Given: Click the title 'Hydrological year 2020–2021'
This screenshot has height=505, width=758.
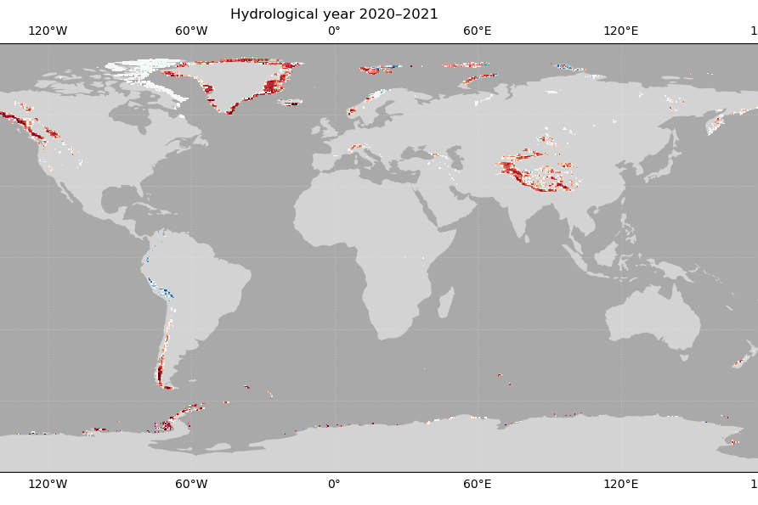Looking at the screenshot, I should (x=334, y=14).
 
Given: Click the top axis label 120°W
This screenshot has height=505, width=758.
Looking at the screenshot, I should (x=48, y=31).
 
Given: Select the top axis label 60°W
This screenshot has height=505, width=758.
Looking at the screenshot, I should (x=191, y=31).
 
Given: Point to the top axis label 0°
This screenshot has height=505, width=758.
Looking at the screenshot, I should (x=334, y=31).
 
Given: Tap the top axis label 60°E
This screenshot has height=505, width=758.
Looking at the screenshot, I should (x=478, y=31).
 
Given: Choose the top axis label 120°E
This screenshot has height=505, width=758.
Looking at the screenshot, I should (x=620, y=31).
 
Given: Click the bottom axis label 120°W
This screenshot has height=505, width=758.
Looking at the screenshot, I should (x=48, y=484).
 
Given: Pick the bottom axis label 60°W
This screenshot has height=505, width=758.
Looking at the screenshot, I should (x=191, y=484).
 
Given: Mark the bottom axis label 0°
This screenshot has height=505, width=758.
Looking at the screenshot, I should (x=334, y=484).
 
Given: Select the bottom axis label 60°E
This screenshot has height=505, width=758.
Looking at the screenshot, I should (x=478, y=484).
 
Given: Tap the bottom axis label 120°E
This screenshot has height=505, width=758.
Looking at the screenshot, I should (x=620, y=484).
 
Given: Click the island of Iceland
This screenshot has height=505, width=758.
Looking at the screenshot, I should (x=290, y=103).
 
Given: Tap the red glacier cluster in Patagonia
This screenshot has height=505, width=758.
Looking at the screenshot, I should (x=160, y=373).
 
